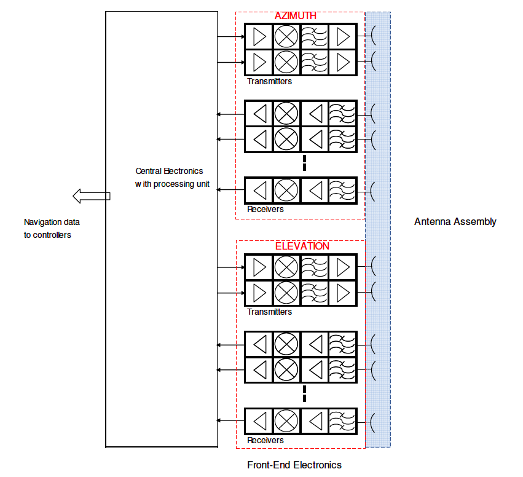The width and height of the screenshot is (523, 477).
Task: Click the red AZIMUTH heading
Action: pyautogui.click(x=295, y=16)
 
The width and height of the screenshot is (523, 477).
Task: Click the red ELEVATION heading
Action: pyautogui.click(x=302, y=246)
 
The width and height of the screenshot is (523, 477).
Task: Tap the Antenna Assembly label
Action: pyautogui.click(x=455, y=221)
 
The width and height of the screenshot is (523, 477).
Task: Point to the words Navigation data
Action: pyautogui.click(x=52, y=222)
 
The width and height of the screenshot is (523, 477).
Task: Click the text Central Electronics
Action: pyautogui.click(x=169, y=171)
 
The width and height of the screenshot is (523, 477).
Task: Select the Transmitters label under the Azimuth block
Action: pyautogui.click(x=269, y=81)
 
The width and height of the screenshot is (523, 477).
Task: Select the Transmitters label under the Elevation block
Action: pyautogui.click(x=269, y=312)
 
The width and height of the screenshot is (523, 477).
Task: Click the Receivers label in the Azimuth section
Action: pyautogui.click(x=265, y=209)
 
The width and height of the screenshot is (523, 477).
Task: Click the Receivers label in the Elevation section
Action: pyautogui.click(x=265, y=440)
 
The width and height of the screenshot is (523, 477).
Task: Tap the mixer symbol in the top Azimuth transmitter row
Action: pyautogui.click(x=286, y=37)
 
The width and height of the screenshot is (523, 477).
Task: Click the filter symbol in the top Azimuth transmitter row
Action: pyautogui.click(x=314, y=37)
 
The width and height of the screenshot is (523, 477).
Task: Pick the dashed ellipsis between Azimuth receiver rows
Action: pyautogui.click(x=305, y=164)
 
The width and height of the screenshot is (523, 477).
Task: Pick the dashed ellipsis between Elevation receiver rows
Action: pyautogui.click(x=305, y=394)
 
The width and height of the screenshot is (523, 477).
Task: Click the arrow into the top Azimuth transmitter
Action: pyautogui.click(x=230, y=37)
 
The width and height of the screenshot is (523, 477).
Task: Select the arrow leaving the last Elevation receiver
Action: pyautogui.click(x=230, y=420)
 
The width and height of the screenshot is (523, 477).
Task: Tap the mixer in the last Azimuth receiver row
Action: pyautogui.click(x=286, y=190)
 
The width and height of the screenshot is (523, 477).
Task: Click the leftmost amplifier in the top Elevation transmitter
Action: pyautogui.click(x=259, y=267)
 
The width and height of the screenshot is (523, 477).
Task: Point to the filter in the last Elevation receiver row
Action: pyautogui.click(x=342, y=420)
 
